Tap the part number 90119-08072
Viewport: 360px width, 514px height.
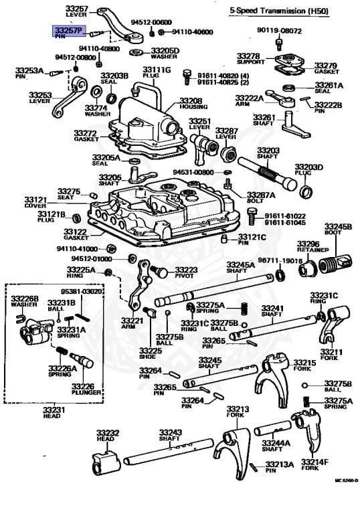point(279,31)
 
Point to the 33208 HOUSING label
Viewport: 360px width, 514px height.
point(191,104)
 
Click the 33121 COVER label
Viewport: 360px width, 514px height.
point(36,202)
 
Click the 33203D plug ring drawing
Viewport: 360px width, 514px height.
point(306,194)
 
